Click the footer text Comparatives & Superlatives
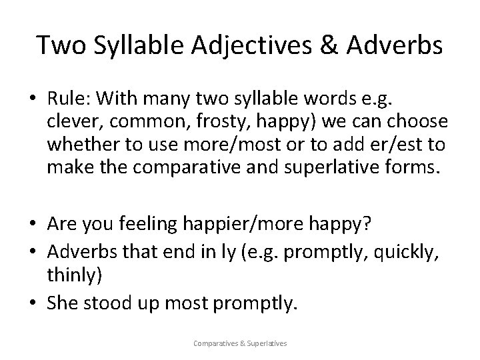click(239, 344)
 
